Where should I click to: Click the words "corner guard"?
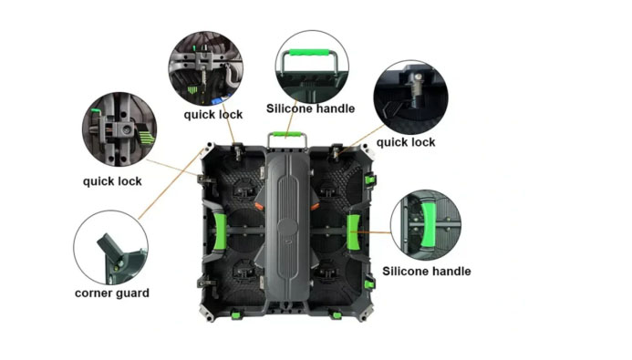[112, 293]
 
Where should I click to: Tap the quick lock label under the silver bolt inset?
[406, 142]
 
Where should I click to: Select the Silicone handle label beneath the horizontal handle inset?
[310, 108]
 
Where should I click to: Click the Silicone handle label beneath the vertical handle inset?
[427, 271]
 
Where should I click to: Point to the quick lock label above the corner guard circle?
[112, 181]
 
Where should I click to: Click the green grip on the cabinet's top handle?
[287, 135]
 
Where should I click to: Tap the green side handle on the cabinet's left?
[220, 231]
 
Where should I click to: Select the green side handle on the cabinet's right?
[354, 231]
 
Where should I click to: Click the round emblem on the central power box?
[287, 227]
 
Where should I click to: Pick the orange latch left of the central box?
[259, 206]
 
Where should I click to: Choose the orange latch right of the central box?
[315, 207]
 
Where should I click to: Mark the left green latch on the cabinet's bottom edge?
[236, 314]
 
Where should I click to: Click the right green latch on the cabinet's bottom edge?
[337, 314]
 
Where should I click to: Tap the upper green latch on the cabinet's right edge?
[370, 180]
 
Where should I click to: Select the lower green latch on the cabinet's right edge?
[369, 284]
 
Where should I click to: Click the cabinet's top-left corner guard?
[208, 149]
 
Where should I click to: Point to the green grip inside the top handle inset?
[309, 53]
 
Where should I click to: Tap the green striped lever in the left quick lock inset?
[147, 135]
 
